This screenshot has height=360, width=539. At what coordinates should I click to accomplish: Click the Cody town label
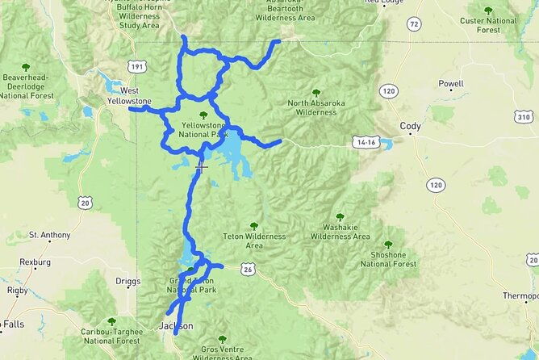pyautogui.click(x=410, y=126)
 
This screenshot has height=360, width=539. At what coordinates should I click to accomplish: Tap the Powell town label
pyautogui.click(x=450, y=84)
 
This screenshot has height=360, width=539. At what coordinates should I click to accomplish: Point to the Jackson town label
pyautogui.click(x=176, y=326)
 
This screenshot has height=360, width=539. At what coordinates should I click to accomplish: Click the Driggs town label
pyautogui.click(x=127, y=282)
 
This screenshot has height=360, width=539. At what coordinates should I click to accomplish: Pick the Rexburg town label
pyautogui.click(x=35, y=262)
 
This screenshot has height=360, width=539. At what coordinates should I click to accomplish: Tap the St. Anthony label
pyautogui.click(x=49, y=235)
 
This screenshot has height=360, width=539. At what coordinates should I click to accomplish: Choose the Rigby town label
pyautogui.click(x=17, y=290)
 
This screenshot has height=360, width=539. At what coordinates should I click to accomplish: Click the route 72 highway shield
pyautogui.click(x=414, y=25)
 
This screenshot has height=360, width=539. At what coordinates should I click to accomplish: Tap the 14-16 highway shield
pyautogui.click(x=365, y=142)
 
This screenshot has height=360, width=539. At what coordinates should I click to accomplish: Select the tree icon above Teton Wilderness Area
pyautogui.click(x=254, y=226)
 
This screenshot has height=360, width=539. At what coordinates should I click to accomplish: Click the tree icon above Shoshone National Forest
pyautogui.click(x=388, y=244)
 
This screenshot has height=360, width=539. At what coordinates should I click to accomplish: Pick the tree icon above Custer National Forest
pyautogui.click(x=488, y=10)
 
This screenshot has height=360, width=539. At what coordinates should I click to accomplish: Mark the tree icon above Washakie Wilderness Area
pyautogui.click(x=340, y=216)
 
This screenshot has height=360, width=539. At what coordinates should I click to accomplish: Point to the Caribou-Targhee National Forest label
pyautogui.click(x=111, y=336)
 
